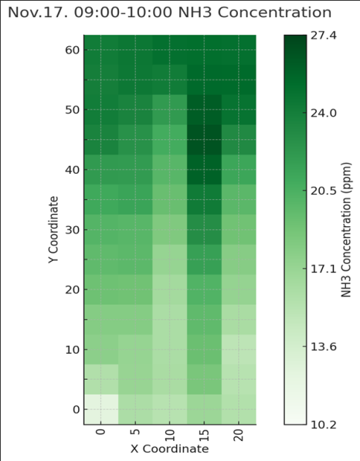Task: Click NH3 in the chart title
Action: click(195, 12)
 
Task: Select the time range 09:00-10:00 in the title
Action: click(123, 12)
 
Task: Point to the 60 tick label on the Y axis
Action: click(73, 50)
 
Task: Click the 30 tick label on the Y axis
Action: click(73, 230)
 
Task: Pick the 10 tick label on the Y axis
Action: click(73, 350)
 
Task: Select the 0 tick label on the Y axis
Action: click(76, 409)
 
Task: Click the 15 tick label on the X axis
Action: click(204, 436)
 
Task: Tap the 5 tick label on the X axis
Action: click(135, 432)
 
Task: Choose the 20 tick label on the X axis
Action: click(239, 436)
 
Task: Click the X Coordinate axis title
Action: click(170, 449)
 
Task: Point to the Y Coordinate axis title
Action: click(53, 230)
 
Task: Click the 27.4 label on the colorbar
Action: click(324, 36)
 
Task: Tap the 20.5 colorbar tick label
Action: click(324, 192)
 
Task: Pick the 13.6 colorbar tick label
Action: click(324, 347)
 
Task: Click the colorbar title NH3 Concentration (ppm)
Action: click(346, 230)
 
